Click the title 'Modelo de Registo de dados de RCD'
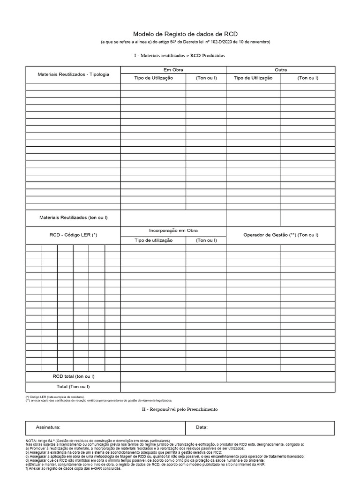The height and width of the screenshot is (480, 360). [186, 34]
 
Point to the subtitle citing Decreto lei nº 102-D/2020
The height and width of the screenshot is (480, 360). [186, 42]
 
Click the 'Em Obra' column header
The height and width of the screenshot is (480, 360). [173, 70]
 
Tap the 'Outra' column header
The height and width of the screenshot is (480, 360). [280, 70]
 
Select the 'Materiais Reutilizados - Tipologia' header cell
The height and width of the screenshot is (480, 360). [73, 74]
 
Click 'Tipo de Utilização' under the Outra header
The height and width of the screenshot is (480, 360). [253, 78]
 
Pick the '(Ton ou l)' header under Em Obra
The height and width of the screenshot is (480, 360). [206, 78]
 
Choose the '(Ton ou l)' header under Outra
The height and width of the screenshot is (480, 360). [307, 78]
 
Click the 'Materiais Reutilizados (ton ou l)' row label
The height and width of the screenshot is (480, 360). [73, 218]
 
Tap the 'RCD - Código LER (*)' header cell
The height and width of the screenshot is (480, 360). [73, 235]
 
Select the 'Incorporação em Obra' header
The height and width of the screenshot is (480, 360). [173, 231]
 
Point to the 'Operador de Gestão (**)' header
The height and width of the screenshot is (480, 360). [280, 235]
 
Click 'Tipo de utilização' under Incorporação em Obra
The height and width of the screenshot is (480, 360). [153, 240]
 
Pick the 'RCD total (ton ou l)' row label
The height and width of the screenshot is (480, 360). [73, 376]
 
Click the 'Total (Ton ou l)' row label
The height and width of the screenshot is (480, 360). [73, 386]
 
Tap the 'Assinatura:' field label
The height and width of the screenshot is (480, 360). [48, 427]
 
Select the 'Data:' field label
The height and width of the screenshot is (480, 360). [202, 427]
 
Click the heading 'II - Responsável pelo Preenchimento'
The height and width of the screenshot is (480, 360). [180, 410]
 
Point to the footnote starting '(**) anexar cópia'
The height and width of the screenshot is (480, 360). [98, 401]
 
